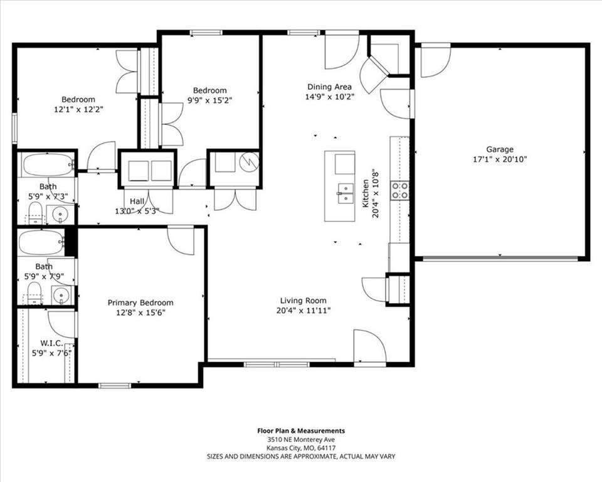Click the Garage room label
pyautogui.click(x=500, y=149)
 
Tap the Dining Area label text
pyautogui.click(x=329, y=87)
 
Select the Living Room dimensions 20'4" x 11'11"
pyautogui.click(x=304, y=311)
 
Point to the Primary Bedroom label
pyautogui.click(x=140, y=303)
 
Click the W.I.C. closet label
pyautogui.click(x=52, y=343)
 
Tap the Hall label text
pyautogui.click(x=137, y=201)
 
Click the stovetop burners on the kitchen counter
pyautogui.click(x=399, y=191)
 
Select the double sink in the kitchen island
pyautogui.click(x=346, y=193)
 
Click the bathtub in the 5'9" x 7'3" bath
pyautogui.click(x=48, y=165)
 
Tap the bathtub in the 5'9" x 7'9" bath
pyautogui.click(x=41, y=242)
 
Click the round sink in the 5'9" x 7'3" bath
pyautogui.click(x=60, y=214)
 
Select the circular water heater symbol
pyautogui.click(x=249, y=161)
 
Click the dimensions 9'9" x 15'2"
pyautogui.click(x=210, y=100)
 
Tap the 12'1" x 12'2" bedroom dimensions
pyautogui.click(x=79, y=110)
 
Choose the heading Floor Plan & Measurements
pyautogui.click(x=301, y=431)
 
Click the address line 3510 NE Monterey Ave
pyautogui.click(x=301, y=439)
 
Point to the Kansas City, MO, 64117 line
pyautogui.click(x=301, y=447)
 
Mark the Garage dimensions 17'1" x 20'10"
pyautogui.click(x=500, y=159)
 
